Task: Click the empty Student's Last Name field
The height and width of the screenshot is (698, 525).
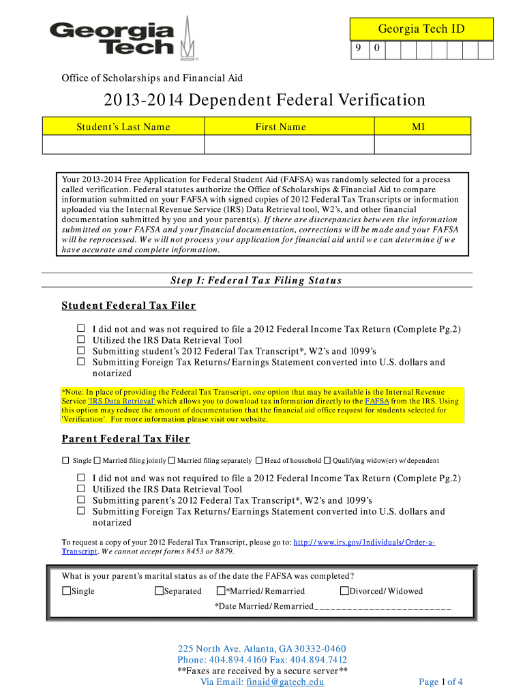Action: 122,145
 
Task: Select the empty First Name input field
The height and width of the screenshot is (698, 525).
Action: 280,145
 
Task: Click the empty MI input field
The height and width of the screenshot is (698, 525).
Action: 413,145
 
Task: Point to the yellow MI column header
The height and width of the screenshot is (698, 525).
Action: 413,126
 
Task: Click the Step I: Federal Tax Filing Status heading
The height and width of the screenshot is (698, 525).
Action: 255,280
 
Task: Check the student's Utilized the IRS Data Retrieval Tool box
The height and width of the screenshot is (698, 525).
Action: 80,340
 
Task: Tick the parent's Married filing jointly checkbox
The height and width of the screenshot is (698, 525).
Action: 97,461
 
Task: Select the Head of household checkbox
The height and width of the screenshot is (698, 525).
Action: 260,461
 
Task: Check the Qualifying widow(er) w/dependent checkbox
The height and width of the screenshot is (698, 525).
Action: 327,461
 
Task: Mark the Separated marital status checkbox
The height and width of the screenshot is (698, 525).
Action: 160,591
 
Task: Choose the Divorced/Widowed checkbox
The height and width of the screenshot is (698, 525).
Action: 344,591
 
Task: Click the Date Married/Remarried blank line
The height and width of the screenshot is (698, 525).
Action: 382,607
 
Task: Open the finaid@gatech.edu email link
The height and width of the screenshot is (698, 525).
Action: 285,682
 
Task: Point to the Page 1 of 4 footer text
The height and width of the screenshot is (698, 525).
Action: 440,682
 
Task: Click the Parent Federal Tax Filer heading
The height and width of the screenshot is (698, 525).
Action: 125,438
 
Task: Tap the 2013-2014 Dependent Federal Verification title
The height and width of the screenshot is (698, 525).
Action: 264,100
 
